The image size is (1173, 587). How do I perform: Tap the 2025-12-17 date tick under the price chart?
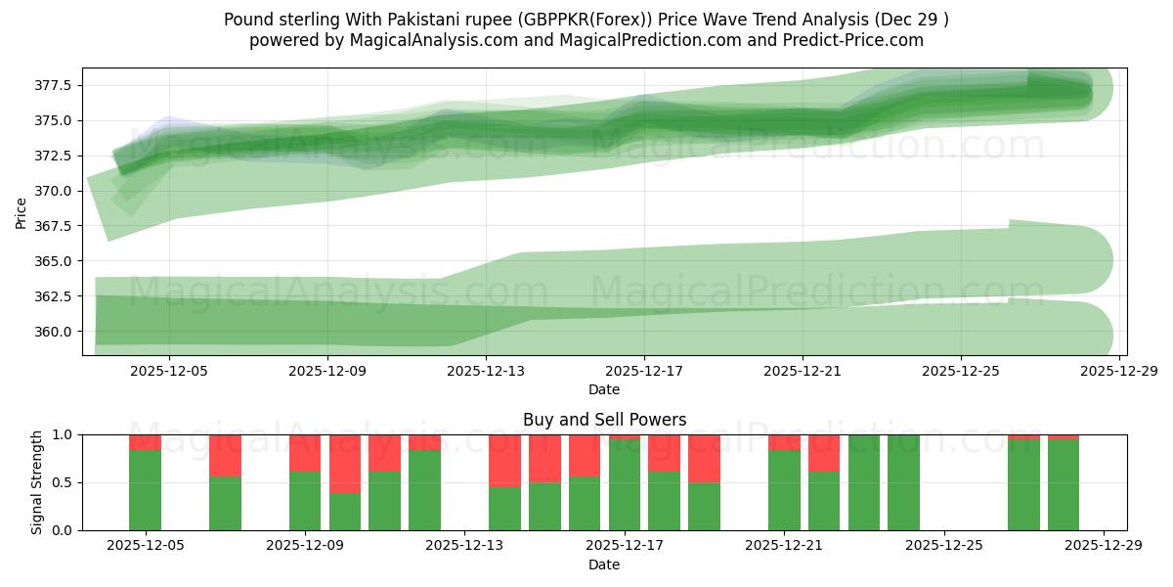643,372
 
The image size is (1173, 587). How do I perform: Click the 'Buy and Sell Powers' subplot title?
604,420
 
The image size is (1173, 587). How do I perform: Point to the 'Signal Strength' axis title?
37,481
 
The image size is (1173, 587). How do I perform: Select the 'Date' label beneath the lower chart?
604,564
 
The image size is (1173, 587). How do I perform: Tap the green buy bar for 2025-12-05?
145,489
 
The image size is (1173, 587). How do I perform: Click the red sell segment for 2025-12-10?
345,464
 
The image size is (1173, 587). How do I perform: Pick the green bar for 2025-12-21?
784,489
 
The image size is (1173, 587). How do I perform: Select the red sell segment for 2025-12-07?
225,455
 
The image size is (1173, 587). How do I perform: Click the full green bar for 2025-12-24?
903,482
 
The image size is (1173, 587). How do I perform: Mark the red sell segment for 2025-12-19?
704,458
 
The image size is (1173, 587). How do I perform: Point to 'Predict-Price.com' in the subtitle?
856,40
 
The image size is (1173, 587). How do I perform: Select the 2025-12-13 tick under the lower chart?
464,545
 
